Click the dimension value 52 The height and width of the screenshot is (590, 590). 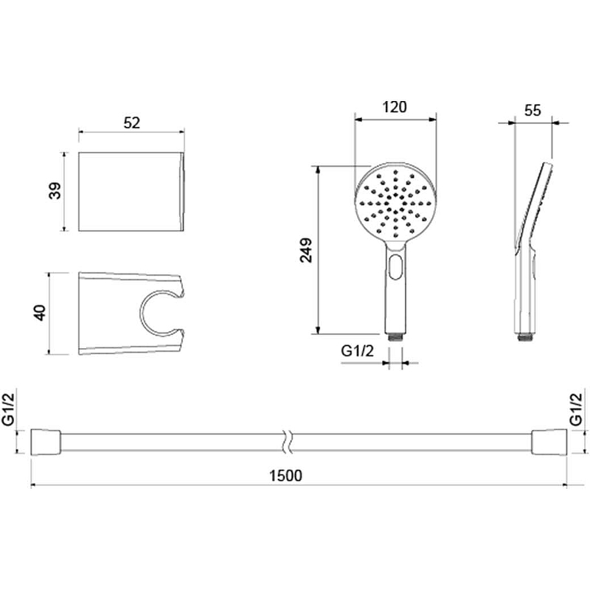pos(132,123)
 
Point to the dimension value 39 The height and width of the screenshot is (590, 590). pos(55,191)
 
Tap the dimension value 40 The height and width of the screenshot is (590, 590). pos(40,313)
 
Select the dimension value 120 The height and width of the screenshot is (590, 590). pos(395,107)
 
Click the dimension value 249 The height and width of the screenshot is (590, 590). pos(306,250)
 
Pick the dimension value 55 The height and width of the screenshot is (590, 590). pos(532,111)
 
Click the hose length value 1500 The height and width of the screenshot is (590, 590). pos(285,476)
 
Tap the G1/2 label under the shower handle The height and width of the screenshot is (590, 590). pos(358,351)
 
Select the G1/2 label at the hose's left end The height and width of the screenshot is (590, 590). pos(8,409)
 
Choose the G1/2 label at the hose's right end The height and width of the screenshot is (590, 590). pos(576,409)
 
